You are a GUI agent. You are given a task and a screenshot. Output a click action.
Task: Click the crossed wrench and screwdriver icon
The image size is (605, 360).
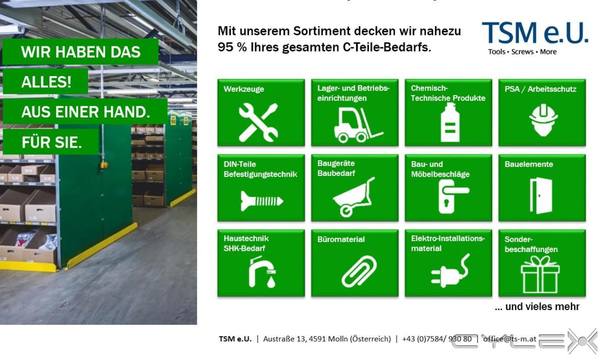pos(259,123)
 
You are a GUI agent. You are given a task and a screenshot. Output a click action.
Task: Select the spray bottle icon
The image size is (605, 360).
pos(450,123)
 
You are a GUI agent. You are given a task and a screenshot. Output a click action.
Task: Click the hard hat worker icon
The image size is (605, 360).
pos(543,120)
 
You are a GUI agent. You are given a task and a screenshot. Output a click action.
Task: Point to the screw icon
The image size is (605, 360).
pos(262,201)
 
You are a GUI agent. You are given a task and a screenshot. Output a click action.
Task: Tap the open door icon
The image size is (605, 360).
pos(541,196)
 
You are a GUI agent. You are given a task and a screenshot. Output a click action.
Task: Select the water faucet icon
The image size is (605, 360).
pos(262,271)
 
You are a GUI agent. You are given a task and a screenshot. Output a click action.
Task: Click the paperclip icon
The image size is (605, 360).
pos(359,271)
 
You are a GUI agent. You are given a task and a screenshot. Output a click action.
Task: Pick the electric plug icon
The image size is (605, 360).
pos(450,271)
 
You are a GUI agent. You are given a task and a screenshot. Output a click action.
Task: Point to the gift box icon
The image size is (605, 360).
pos(540,274)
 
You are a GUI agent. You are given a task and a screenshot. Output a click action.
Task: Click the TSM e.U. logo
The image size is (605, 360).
pos(535,38)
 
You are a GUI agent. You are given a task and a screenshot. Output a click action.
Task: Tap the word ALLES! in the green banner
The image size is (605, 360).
pos(46,82)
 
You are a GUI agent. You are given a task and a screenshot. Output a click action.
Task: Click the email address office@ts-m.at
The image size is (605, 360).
pos(509,339)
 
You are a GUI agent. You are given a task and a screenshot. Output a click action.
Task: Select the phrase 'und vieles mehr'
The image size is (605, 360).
pos(542,307)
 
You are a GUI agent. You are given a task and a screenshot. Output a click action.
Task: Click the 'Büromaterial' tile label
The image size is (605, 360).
pos(341,239)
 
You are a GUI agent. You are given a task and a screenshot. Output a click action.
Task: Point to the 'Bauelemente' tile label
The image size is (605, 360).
pos(528,164)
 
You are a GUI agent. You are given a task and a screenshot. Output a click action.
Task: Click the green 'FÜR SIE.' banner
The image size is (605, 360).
pos(51,142)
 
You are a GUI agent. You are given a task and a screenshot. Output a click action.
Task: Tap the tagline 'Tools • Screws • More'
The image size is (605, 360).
pos(522,51)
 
